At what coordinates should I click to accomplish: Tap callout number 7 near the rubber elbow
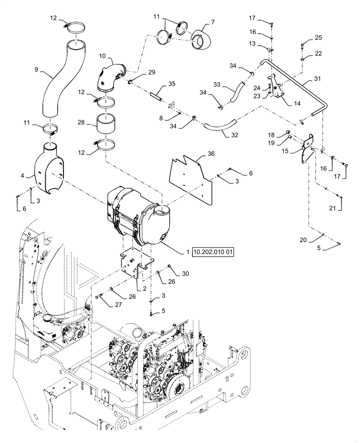point(213,21)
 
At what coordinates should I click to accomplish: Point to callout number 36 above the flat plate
point(211,155)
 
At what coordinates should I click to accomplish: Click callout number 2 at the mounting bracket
point(144,288)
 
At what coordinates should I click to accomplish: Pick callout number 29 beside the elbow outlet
point(152,72)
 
